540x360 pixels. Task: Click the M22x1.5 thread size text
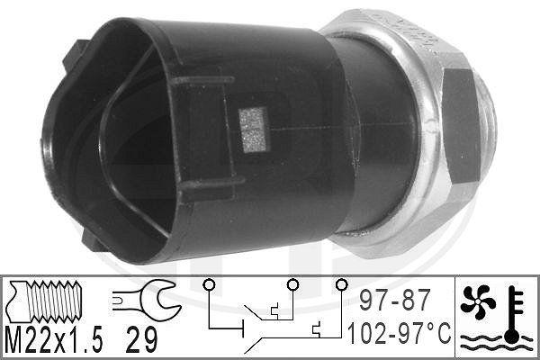coord(55,338)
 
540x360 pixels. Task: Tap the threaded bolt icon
coord(45,301)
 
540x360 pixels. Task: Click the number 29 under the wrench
coord(141,339)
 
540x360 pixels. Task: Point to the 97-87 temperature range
coord(395,300)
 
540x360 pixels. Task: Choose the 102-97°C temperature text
coord(399,333)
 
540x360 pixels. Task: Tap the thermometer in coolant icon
coord(513,314)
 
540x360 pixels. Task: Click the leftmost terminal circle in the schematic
coord(209,284)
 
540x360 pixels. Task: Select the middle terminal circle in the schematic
coord(292,284)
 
